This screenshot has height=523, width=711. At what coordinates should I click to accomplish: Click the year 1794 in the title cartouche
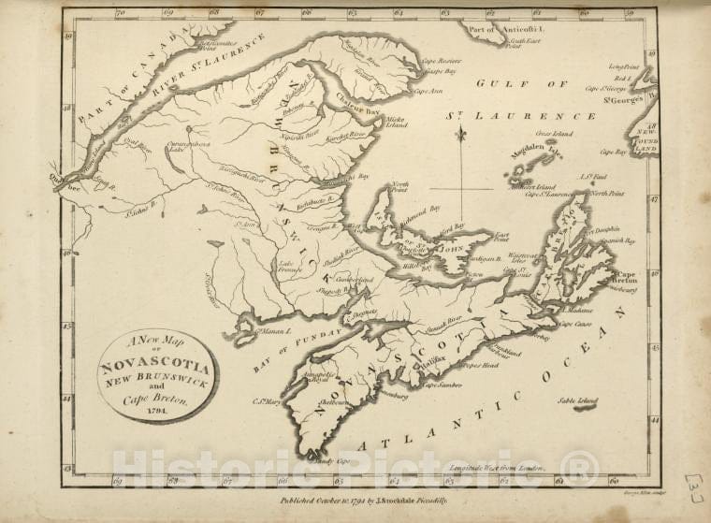(x=156, y=408)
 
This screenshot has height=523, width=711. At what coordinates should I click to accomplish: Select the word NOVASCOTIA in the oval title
(x=156, y=366)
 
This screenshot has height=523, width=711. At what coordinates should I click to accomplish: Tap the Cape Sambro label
(x=443, y=385)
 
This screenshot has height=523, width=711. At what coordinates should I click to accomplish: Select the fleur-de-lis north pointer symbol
(x=461, y=137)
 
